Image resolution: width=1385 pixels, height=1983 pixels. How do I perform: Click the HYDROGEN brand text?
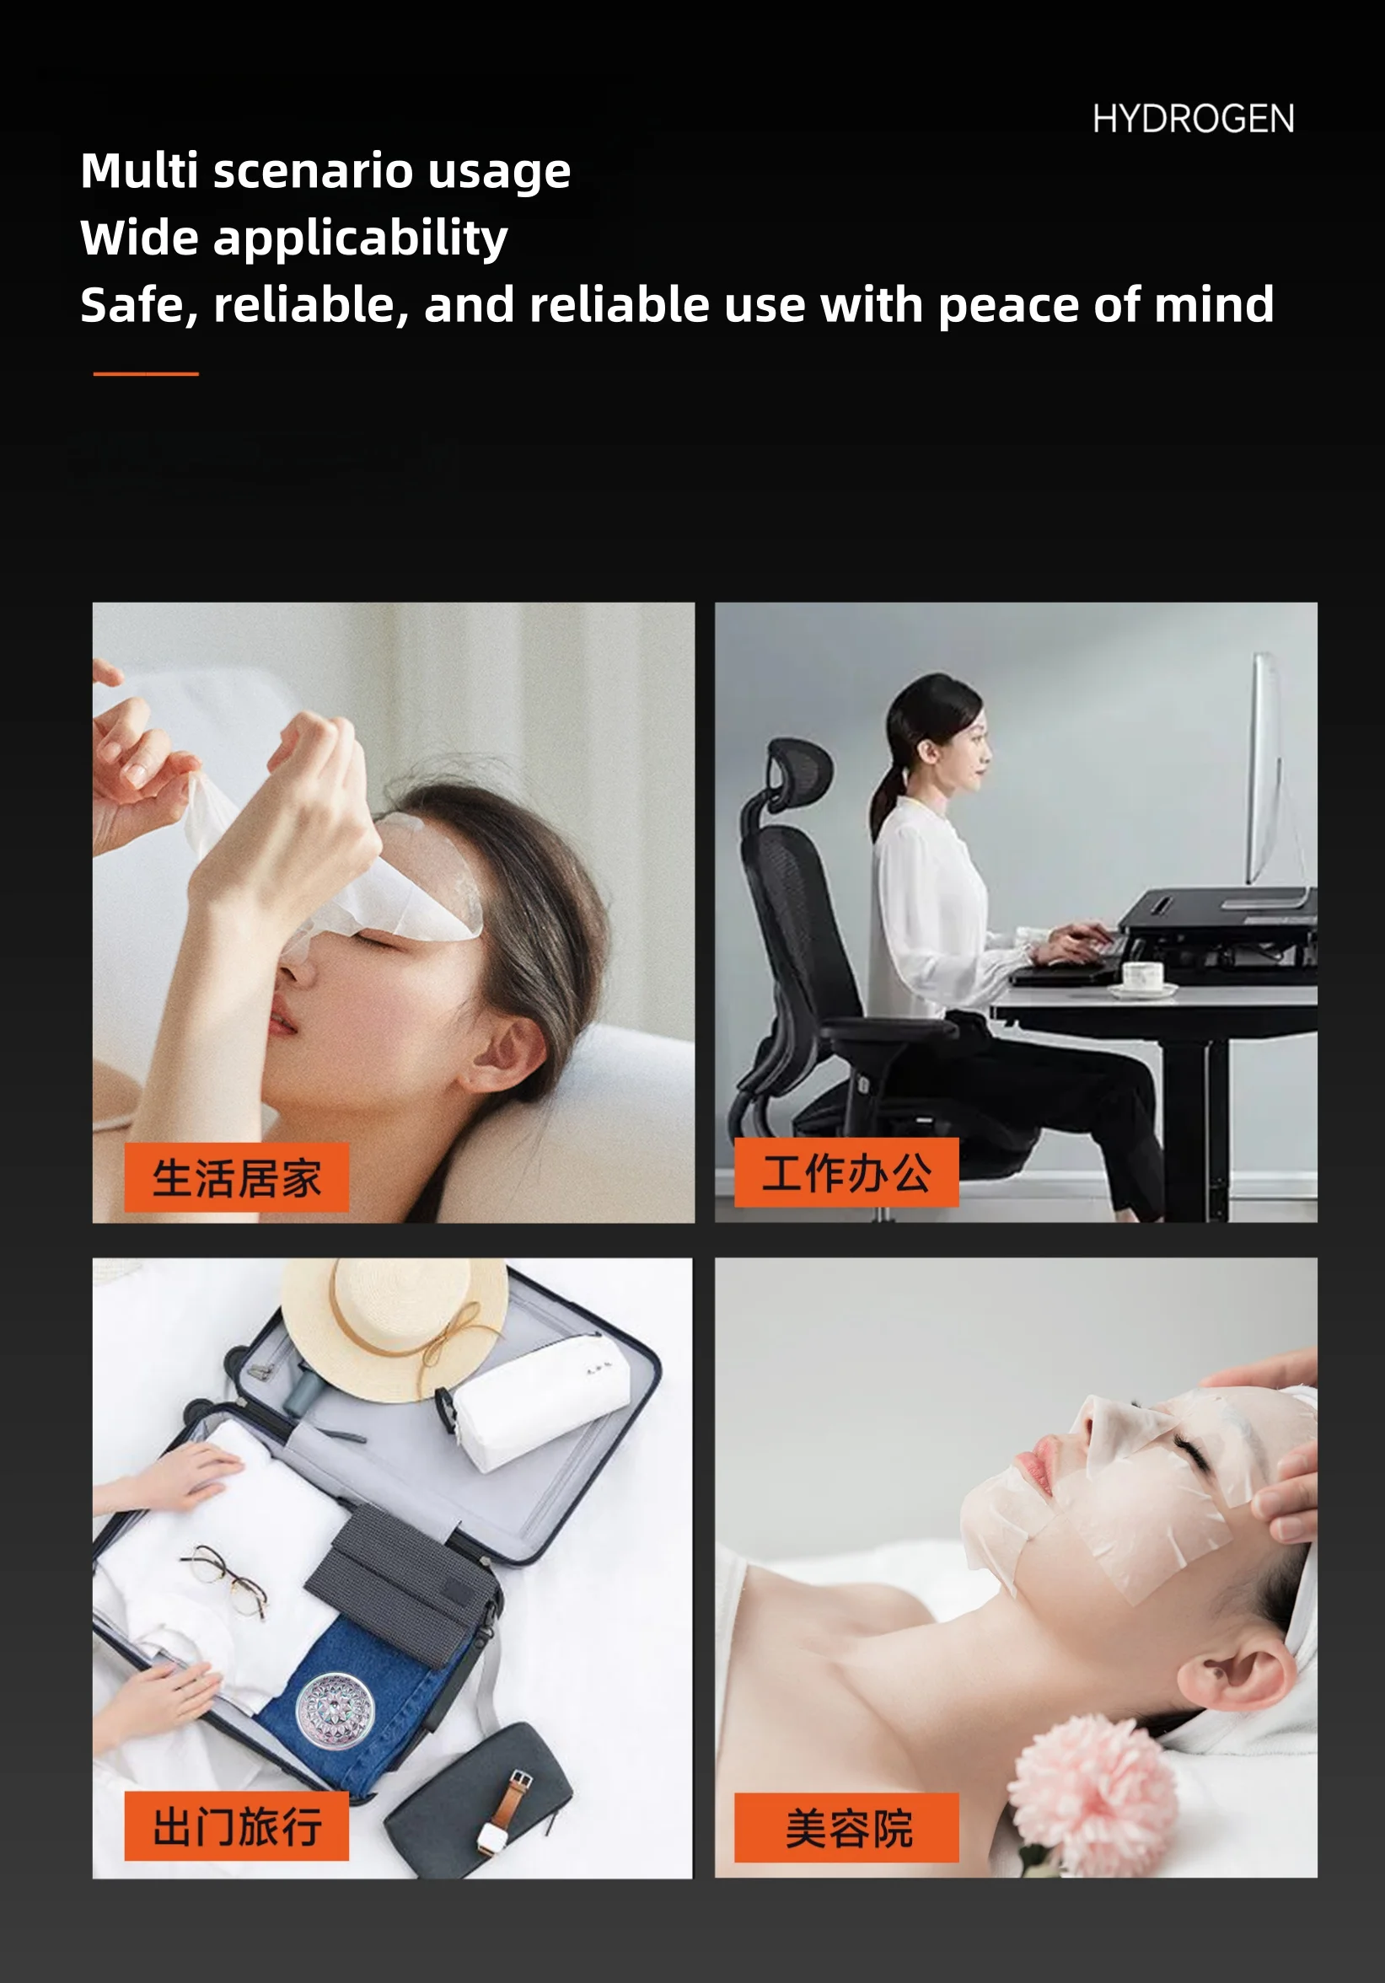click(x=1192, y=119)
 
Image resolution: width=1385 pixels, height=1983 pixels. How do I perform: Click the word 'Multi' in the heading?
click(x=139, y=171)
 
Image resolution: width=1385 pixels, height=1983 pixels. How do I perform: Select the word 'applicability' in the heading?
click(x=360, y=239)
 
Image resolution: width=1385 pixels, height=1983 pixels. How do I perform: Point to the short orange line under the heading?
click(x=146, y=374)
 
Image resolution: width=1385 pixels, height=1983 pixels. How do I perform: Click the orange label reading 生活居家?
click(x=236, y=1178)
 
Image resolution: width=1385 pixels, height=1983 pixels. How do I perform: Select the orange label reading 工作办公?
click(x=845, y=1173)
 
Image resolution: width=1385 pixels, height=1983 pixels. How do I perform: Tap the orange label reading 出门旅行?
click(x=236, y=1825)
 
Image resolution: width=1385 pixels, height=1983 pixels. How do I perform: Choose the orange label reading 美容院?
click(x=845, y=1828)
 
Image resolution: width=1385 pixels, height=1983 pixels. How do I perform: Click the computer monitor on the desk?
click(x=1266, y=769)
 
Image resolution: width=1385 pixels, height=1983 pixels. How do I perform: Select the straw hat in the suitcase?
click(x=394, y=1322)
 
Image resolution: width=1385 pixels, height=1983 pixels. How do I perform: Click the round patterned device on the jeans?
click(x=336, y=1710)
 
